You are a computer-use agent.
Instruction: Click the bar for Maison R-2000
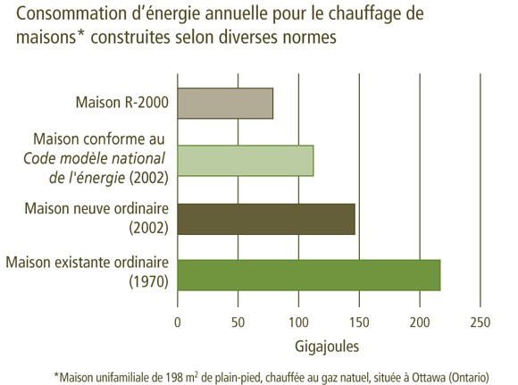pyautogui.click(x=225, y=104)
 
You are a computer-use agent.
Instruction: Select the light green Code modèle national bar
pyautogui.click(x=246, y=161)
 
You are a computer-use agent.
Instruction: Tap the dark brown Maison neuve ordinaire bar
pyautogui.click(x=266, y=218)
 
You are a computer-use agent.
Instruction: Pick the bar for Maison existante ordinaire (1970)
pyautogui.click(x=309, y=274)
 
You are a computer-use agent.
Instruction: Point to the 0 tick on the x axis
pyautogui.click(x=178, y=322)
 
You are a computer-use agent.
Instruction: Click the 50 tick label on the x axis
pyautogui.click(x=238, y=322)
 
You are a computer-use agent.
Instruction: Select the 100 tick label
pyautogui.click(x=298, y=322)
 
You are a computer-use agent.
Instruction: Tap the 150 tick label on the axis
pyautogui.click(x=359, y=322)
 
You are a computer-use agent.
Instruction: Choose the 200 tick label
pyautogui.click(x=420, y=322)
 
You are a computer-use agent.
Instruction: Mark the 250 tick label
pyautogui.click(x=480, y=322)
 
